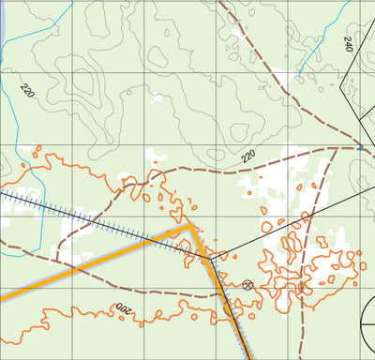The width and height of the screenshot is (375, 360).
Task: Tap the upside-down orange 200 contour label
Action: pyautogui.click(x=124, y=307)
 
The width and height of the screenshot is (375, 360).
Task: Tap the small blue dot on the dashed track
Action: pyautogui.click(x=361, y=148)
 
